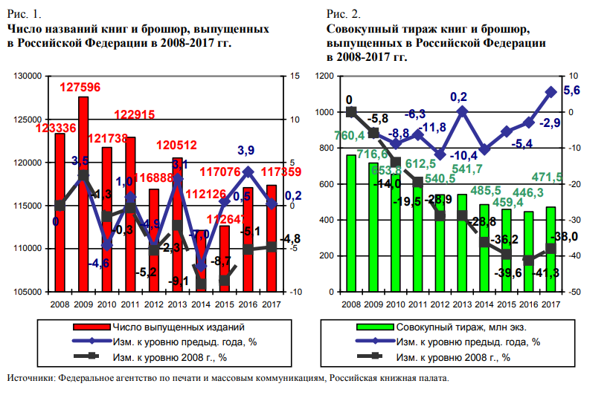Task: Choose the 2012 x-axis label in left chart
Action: point(154,304)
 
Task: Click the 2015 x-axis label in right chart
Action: point(507,304)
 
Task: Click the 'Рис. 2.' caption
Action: point(343,14)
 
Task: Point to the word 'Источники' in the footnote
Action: point(30,379)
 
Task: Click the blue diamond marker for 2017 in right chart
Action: point(551,92)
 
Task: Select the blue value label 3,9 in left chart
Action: point(246,151)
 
